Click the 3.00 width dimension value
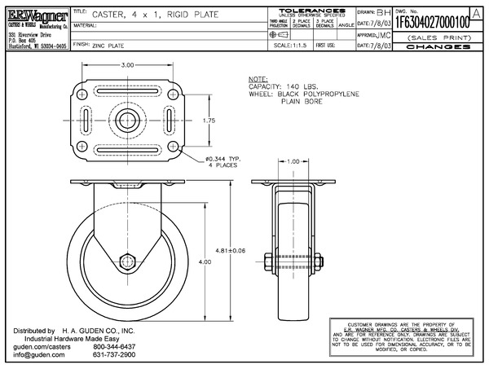pos(126,64)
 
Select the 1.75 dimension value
pos(209,121)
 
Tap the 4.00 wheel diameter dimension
pos(205,261)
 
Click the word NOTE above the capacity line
pos(257,79)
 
